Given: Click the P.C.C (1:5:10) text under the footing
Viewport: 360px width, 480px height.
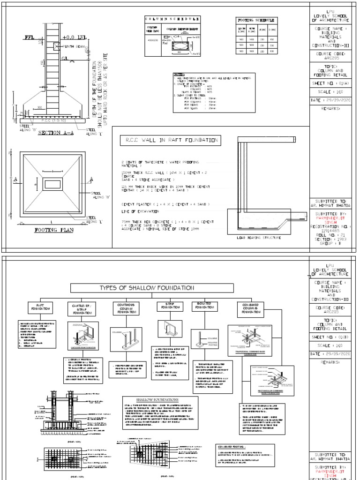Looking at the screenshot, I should click(x=52, y=120).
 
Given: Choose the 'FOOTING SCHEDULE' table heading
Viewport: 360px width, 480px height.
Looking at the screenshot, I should click(x=255, y=21).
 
